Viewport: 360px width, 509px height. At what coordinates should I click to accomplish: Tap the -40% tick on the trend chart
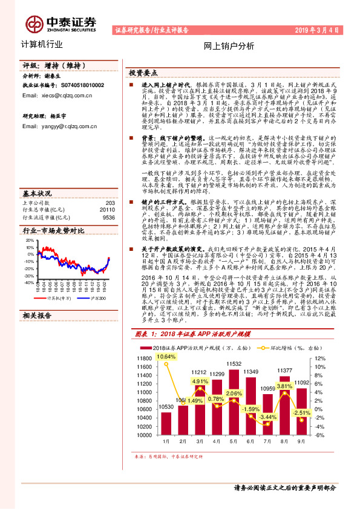(28, 282)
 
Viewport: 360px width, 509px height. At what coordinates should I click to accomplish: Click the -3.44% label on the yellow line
(267, 417)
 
